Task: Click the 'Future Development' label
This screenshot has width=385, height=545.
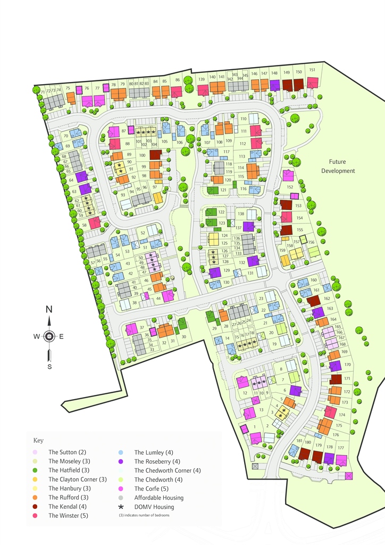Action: (x=341, y=167)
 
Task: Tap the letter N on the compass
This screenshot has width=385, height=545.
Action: (x=49, y=309)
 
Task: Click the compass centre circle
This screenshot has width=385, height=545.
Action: (x=49, y=336)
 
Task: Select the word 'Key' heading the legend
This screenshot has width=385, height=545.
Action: (x=38, y=441)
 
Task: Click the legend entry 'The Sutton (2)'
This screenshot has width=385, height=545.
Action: (x=67, y=452)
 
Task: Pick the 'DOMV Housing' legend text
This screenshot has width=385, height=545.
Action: (x=154, y=507)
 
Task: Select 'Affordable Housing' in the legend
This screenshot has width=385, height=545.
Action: (x=159, y=498)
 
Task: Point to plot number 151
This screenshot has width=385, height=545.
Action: (x=313, y=70)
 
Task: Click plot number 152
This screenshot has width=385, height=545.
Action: (x=290, y=187)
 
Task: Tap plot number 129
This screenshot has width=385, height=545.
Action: (x=227, y=270)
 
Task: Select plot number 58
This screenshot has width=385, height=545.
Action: (x=84, y=226)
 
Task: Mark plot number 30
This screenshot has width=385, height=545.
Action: (x=183, y=337)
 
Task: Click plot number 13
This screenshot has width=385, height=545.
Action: (x=261, y=409)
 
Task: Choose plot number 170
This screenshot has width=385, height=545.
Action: (x=347, y=365)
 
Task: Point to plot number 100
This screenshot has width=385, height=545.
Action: (x=142, y=155)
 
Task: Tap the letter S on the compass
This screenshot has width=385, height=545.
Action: (x=49, y=366)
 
